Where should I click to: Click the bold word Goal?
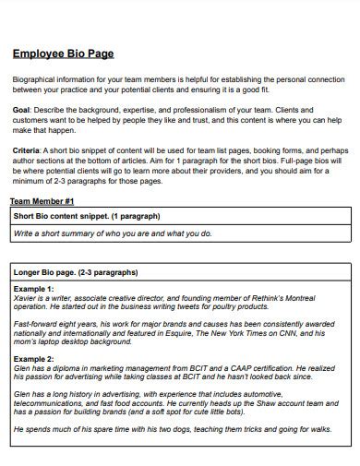21,109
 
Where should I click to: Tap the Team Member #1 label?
42,200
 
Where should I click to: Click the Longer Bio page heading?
76,272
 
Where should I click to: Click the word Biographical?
39,80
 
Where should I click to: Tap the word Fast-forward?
36,323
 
